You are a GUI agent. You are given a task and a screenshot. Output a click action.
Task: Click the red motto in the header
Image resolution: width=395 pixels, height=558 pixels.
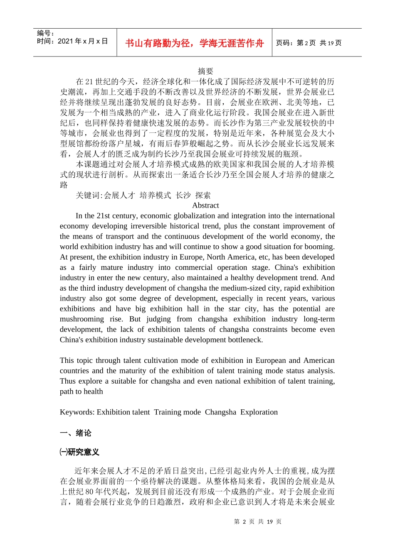pos(194,43)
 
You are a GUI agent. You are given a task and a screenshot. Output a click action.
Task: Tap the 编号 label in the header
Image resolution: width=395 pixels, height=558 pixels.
pos(45,33)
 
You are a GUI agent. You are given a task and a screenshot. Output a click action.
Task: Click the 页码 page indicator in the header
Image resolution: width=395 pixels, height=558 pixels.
pos(309,43)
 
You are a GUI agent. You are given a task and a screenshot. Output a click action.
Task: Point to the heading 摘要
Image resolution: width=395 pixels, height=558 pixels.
pos(205,71)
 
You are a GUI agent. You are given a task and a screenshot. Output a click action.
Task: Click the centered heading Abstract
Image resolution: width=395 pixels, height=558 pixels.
pos(205,206)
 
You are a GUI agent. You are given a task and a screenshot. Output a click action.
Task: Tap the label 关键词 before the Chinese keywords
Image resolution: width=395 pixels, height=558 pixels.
pos(89,195)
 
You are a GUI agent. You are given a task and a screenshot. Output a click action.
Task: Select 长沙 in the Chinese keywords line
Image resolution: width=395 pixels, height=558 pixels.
pos(183,195)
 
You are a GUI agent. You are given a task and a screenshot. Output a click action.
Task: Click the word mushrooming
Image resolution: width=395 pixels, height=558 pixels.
pos(82,319)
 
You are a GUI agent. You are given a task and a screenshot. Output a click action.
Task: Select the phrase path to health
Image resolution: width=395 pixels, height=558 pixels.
pos(81,392)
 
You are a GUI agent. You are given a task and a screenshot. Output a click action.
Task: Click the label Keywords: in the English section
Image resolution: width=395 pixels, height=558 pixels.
pos(77,412)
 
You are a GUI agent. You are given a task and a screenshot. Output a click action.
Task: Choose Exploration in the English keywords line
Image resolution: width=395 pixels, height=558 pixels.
pos(259,412)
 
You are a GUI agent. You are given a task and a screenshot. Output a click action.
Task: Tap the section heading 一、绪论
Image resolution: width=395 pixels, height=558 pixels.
pos(76,433)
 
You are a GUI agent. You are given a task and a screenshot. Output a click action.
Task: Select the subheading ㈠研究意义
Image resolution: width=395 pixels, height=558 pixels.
pos(79,452)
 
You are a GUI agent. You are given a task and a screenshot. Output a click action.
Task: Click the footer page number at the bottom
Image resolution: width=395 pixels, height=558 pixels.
pos(258,522)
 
